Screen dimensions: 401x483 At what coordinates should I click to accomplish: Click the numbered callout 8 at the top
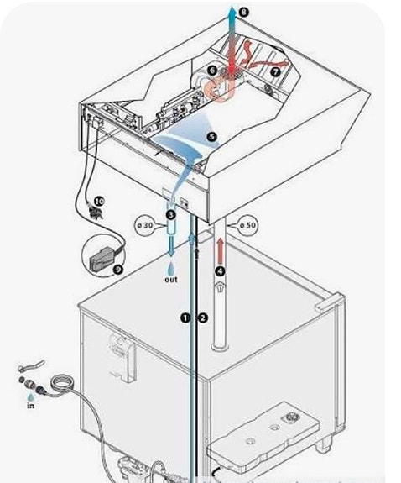click(243, 13)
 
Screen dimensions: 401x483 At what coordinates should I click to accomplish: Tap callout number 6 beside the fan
click(212, 71)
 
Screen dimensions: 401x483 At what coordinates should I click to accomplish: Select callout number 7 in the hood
click(275, 71)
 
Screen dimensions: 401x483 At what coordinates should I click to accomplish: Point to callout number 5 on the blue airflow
click(212, 137)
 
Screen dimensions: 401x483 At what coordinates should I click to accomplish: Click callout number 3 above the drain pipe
click(171, 214)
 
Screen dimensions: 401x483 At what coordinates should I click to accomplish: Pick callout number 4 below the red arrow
click(220, 271)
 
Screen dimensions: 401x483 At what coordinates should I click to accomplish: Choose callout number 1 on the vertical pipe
click(185, 318)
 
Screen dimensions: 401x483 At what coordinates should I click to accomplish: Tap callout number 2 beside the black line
click(203, 318)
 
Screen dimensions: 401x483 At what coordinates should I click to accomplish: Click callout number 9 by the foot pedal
click(117, 270)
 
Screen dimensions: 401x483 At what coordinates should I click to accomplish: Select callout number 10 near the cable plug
click(99, 202)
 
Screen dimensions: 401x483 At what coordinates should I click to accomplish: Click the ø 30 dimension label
click(145, 225)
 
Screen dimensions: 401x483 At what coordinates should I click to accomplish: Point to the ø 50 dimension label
click(247, 225)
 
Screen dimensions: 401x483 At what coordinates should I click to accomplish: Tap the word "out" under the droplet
click(171, 280)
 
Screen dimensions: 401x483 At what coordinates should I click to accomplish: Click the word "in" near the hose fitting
click(30, 406)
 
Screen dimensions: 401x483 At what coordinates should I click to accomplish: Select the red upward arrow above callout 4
click(220, 251)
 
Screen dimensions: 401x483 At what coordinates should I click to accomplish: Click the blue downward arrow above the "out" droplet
click(171, 246)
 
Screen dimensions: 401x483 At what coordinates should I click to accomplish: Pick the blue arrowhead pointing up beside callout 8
click(232, 11)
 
